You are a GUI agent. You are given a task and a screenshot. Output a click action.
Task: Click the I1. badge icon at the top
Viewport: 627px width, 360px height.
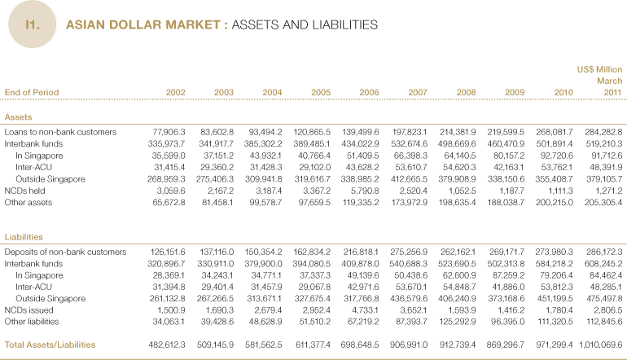tap(33, 25)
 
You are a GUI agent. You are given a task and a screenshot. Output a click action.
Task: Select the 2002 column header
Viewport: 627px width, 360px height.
tap(175, 92)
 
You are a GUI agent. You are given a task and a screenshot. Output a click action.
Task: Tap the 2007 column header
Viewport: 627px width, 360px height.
tap(417, 92)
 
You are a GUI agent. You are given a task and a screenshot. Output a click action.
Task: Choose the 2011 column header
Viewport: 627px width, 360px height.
tap(612, 92)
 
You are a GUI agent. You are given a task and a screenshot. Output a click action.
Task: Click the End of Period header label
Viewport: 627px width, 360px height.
tap(32, 92)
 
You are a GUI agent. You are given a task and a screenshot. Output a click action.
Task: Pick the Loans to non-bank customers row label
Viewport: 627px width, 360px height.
tap(61, 132)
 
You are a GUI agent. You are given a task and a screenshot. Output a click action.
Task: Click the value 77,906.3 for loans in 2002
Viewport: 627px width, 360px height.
tap(169, 132)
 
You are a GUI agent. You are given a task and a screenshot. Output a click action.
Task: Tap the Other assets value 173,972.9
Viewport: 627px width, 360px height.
tap(408, 200)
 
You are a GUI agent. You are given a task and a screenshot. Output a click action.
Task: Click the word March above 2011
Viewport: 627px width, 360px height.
tap(609, 81)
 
